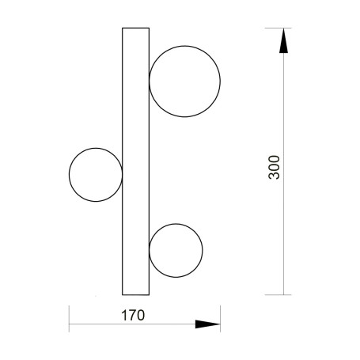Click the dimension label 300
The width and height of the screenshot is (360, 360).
click(274, 168)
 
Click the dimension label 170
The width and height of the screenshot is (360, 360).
click(133, 315)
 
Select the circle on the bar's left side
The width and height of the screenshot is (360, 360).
click(69, 175)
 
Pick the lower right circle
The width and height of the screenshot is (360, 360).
click(203, 251)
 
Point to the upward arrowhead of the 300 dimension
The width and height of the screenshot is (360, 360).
click(283, 40)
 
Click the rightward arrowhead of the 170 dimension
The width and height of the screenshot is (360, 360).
click(207, 324)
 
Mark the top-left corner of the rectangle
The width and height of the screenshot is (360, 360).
click(123, 28)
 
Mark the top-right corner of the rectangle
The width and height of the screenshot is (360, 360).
click(149, 28)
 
